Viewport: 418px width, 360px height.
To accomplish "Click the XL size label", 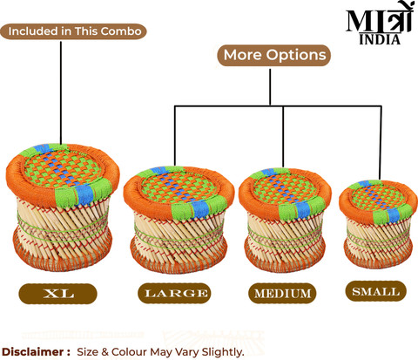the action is coord(57,294).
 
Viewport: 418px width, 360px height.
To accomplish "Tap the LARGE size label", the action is coord(174,294).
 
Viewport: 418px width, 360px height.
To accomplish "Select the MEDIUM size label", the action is coord(282,294).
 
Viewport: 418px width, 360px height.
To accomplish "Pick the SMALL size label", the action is coord(375,291).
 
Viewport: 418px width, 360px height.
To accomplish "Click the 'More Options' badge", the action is coord(274,55).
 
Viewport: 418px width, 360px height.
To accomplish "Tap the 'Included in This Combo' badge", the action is coord(73,31).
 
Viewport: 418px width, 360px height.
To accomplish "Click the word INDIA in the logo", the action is coord(380,40).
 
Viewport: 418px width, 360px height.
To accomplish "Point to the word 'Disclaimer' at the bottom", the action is coord(33,352).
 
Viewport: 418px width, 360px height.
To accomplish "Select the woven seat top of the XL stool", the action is coord(62,167).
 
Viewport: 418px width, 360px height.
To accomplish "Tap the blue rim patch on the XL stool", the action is coord(84,194).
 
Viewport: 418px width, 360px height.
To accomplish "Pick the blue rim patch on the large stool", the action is coord(201,208).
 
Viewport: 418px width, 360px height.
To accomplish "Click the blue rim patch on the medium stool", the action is coord(302,209).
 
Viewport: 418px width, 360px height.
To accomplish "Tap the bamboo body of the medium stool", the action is coord(285,236).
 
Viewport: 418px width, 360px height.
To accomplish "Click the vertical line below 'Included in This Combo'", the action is coord(61,92).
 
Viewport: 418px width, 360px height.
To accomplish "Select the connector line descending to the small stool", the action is coord(381,143).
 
